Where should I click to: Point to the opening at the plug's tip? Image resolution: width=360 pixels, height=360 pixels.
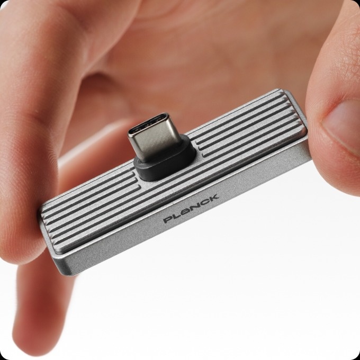149,123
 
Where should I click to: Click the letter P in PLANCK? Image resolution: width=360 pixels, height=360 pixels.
168,220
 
